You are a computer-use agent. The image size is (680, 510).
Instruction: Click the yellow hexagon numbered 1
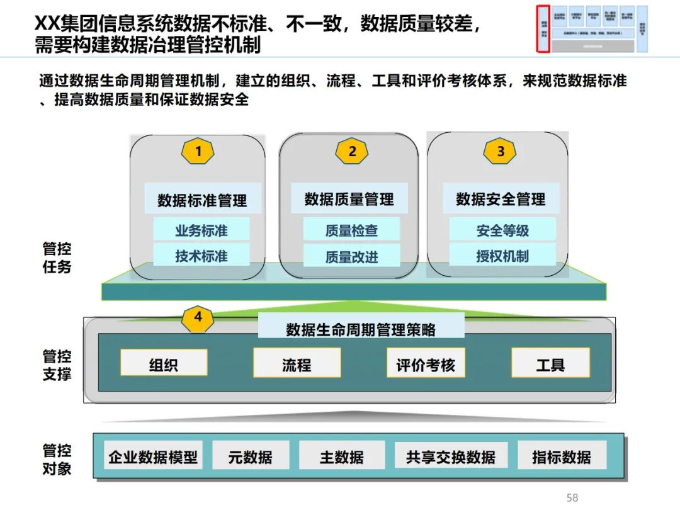pyautogui.click(x=198, y=151)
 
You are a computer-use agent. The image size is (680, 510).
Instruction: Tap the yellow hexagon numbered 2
pyautogui.click(x=352, y=151)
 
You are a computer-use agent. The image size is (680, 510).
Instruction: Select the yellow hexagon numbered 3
pyautogui.click(x=500, y=151)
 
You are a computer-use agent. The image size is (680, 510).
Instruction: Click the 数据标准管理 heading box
pyautogui.click(x=202, y=200)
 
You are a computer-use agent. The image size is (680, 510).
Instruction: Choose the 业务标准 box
pyautogui.click(x=201, y=230)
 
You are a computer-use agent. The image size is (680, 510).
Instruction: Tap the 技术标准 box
pyautogui.click(x=201, y=256)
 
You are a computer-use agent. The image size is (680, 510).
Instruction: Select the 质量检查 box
pyautogui.click(x=351, y=230)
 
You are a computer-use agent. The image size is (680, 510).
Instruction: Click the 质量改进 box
pyautogui.click(x=351, y=257)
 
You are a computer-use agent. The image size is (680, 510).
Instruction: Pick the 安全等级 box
pyautogui.click(x=502, y=230)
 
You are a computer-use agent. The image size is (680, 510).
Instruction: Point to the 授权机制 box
pyautogui.click(x=502, y=256)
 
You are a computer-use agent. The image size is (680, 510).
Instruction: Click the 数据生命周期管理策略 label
pyautogui.click(x=361, y=329)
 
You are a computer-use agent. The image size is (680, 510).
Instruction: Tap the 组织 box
pyautogui.click(x=164, y=364)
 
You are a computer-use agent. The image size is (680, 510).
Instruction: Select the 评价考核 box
pyautogui.click(x=426, y=364)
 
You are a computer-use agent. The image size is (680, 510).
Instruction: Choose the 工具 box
pyautogui.click(x=550, y=364)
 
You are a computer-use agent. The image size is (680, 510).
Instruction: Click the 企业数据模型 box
pyautogui.click(x=153, y=456)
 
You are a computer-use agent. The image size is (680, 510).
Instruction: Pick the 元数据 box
pyautogui.click(x=251, y=456)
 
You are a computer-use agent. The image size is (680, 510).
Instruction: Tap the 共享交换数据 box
pyautogui.click(x=450, y=456)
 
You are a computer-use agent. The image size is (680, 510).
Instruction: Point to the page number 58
pyautogui.click(x=572, y=497)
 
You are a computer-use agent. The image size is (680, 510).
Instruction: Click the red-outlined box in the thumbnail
pyautogui.click(x=543, y=29)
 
